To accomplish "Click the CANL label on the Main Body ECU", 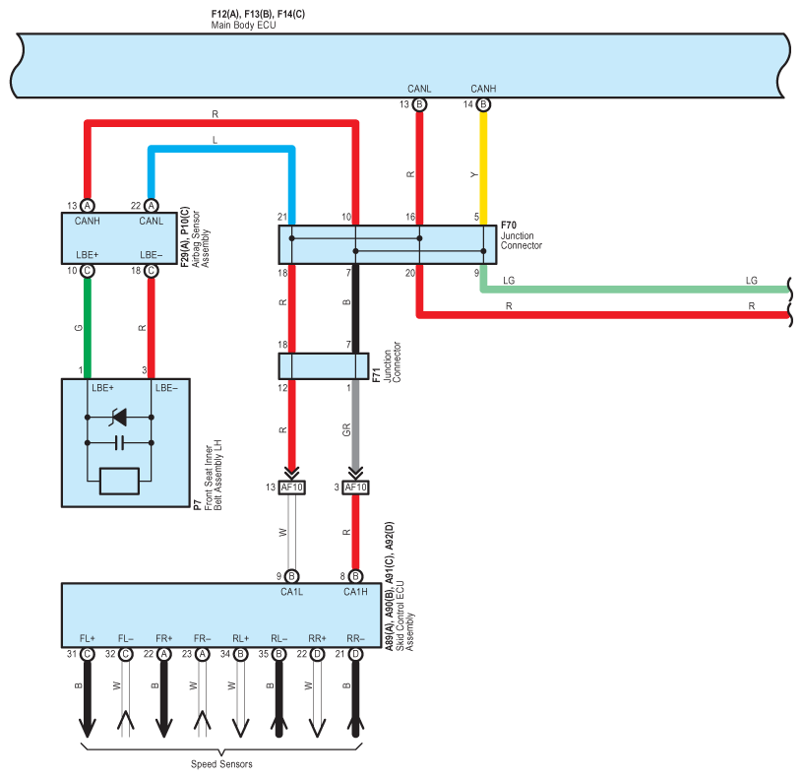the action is pyautogui.click(x=419, y=89).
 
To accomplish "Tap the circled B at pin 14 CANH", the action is pyautogui.click(x=483, y=104).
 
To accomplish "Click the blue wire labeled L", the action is pyautogui.click(x=221, y=149).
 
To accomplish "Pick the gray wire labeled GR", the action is pyautogui.click(x=355, y=423).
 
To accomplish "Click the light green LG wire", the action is pyautogui.click(x=635, y=290).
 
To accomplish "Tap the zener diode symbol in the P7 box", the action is pyautogui.click(x=119, y=418).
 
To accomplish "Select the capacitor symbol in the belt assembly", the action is pyautogui.click(x=119, y=443).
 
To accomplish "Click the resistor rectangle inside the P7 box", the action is pyautogui.click(x=119, y=482).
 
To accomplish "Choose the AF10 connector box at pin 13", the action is pyautogui.click(x=291, y=487).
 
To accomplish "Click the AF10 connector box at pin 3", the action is pyautogui.click(x=355, y=487).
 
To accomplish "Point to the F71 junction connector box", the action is pyautogui.click(x=323, y=366).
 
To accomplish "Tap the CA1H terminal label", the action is pyautogui.click(x=355, y=592).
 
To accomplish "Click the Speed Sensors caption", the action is pyautogui.click(x=221, y=764).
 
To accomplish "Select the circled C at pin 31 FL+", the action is pyautogui.click(x=88, y=654).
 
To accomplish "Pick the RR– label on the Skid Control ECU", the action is pyautogui.click(x=355, y=638).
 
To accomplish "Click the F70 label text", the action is pyautogui.click(x=509, y=226).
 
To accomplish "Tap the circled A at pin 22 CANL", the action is pyautogui.click(x=151, y=206).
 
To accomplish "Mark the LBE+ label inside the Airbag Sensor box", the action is pyautogui.click(x=88, y=254).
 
